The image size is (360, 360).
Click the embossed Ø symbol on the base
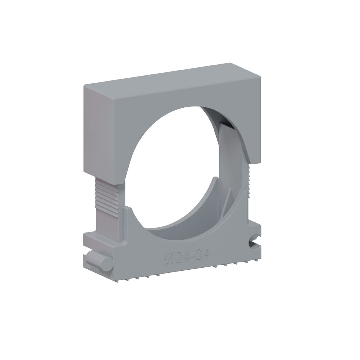169,258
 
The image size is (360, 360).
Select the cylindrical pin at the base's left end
97,259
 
